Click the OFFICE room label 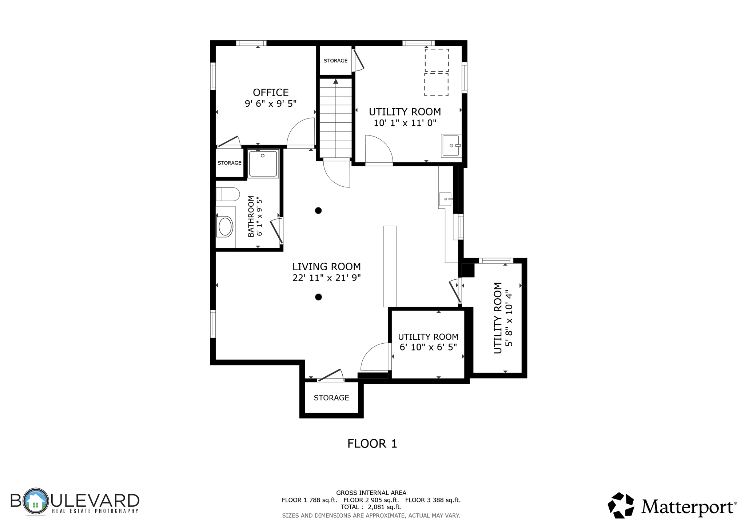(x=271, y=92)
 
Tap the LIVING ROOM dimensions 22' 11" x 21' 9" (x=326, y=278)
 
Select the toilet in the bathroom (x=228, y=194)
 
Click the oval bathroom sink (x=225, y=227)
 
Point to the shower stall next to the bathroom (x=263, y=164)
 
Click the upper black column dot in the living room (x=318, y=210)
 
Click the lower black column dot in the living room (x=318, y=297)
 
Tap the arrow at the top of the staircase (x=336, y=82)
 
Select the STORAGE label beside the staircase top (x=335, y=61)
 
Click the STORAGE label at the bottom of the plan (x=331, y=398)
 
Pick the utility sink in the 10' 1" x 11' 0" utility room (x=451, y=146)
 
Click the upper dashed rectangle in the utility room (x=437, y=60)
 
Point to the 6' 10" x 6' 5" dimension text (x=428, y=347)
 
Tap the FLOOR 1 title (x=372, y=444)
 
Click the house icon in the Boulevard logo (x=36, y=501)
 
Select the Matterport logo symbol (x=621, y=505)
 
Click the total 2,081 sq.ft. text (x=385, y=507)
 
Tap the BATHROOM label (x=251, y=216)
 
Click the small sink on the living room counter (x=445, y=199)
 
